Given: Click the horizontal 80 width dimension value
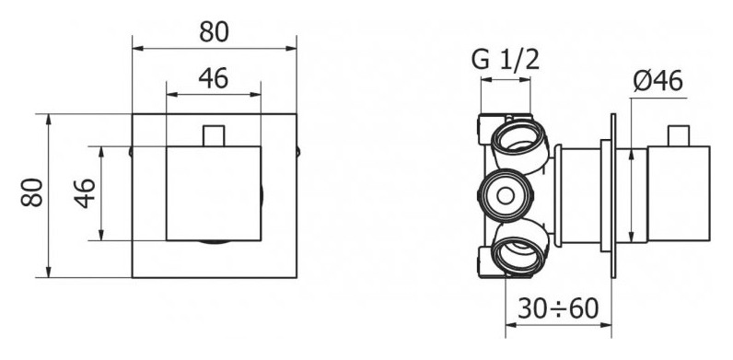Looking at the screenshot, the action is click(x=214, y=32).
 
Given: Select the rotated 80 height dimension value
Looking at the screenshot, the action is click(x=32, y=192).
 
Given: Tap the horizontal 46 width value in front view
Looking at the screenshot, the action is click(x=213, y=78).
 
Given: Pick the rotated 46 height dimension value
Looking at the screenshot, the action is click(x=85, y=193).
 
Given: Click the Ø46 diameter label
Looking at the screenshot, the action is click(x=658, y=81).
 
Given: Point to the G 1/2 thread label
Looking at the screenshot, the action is click(x=506, y=60).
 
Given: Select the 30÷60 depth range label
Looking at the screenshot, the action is click(x=559, y=308).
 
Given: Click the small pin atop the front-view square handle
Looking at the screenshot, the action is click(x=214, y=135).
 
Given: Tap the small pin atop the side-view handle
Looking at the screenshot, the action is click(x=679, y=135).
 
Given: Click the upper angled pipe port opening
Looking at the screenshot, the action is click(x=518, y=139).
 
